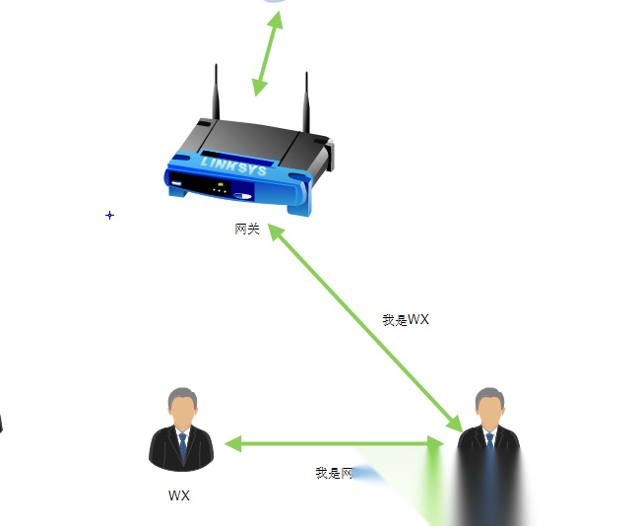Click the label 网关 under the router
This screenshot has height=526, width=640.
coord(247,229)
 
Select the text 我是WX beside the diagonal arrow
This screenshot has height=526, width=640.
coord(406,320)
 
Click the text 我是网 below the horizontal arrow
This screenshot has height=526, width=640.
coord(334,474)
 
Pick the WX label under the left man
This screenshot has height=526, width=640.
coord(179,495)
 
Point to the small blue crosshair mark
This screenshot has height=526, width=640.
coord(109,215)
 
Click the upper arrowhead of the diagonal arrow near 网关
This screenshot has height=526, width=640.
coord(275,231)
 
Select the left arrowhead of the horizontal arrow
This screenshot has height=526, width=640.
coord(233,444)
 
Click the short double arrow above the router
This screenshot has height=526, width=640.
coord(266,54)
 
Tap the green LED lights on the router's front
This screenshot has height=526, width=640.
coord(222,185)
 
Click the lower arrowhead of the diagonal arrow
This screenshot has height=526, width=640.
coord(455,425)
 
